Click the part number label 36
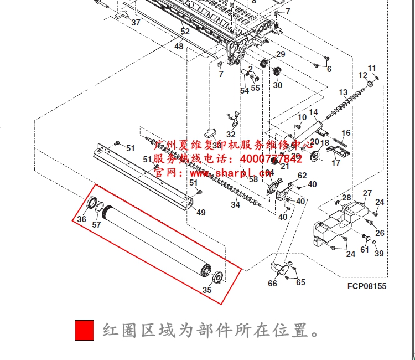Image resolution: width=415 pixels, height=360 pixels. (82, 219)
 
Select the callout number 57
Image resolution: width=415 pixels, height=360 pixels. (96, 225)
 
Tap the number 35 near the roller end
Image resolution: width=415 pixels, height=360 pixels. (207, 290)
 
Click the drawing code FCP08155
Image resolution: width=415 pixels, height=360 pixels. (367, 286)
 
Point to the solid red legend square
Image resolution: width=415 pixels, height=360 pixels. (85, 331)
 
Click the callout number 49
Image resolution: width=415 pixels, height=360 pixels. (201, 213)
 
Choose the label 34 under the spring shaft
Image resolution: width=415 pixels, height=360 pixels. (235, 205)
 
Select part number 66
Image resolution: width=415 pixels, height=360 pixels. (272, 284)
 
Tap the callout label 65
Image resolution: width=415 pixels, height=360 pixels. (300, 282)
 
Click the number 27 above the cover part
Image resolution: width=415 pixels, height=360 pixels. (367, 193)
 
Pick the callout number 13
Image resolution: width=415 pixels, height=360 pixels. (343, 92)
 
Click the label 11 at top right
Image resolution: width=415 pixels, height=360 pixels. (372, 68)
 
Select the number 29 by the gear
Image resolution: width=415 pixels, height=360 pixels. (281, 54)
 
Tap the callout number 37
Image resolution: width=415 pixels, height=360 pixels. (136, 23)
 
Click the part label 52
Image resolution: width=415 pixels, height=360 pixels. (185, 32)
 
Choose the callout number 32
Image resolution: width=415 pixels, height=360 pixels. (231, 135)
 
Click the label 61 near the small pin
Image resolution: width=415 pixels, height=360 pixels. (365, 250)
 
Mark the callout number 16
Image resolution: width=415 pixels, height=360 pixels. (346, 133)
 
